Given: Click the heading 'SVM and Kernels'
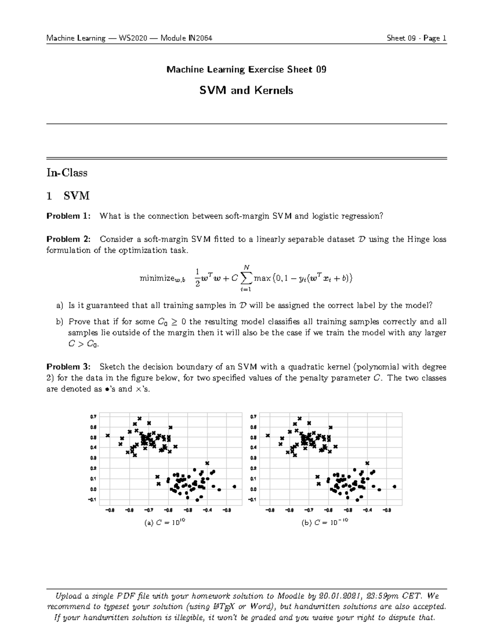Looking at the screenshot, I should click(x=246, y=90).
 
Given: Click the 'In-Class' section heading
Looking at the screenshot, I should click(x=67, y=173).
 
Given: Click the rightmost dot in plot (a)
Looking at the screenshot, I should click(x=234, y=486).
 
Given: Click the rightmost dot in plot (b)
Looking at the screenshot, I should click(x=394, y=486).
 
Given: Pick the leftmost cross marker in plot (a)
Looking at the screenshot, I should click(x=108, y=435).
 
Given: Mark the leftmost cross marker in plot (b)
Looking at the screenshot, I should click(x=268, y=435).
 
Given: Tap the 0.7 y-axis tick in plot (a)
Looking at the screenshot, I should click(x=93, y=417).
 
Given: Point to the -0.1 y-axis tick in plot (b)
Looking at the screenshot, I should click(x=252, y=500).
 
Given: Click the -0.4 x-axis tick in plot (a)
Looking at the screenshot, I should click(x=207, y=510).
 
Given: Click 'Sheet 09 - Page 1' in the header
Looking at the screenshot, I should click(x=416, y=39).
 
